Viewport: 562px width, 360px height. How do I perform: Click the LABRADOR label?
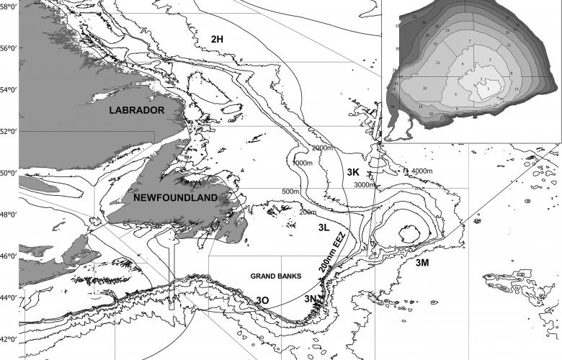point(137,110)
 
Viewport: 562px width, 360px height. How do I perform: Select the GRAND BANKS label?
point(275,276)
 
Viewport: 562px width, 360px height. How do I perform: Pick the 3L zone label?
point(324,228)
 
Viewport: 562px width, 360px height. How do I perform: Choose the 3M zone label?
point(421,264)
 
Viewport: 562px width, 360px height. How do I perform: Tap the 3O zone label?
point(263,300)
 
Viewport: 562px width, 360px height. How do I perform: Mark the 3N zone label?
point(310,298)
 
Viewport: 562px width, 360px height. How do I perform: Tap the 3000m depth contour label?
point(365,185)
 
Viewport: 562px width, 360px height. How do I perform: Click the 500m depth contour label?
point(290,192)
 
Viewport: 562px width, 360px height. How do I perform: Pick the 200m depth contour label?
point(308,212)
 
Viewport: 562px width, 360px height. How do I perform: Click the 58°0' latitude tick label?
point(9,6)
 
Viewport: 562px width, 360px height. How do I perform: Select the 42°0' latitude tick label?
point(9,339)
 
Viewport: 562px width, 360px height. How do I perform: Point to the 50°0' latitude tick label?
point(9,173)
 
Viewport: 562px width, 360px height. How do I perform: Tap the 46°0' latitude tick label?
point(9,256)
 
